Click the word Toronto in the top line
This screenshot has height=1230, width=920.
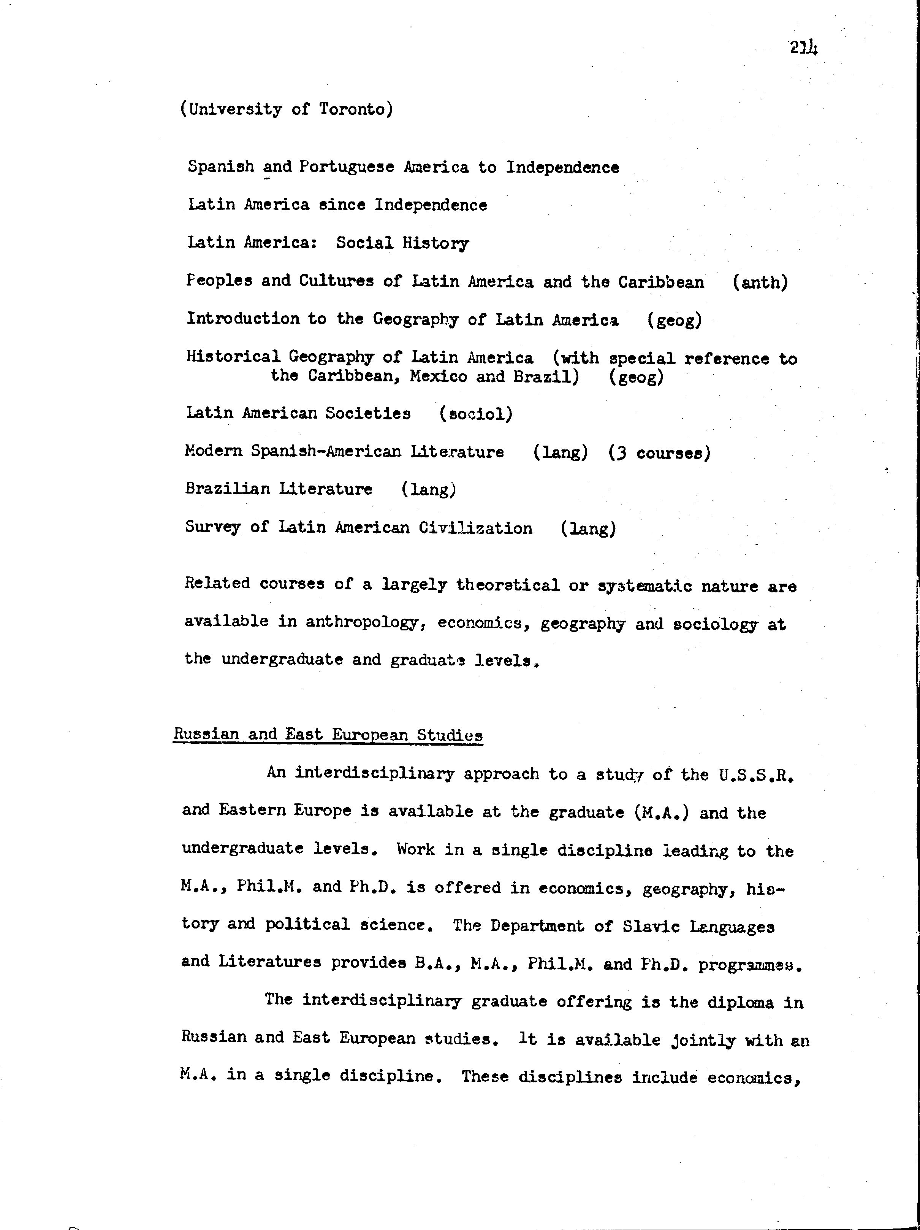point(355,109)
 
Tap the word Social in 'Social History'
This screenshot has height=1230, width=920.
point(364,243)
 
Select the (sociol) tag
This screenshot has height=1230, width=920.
point(476,414)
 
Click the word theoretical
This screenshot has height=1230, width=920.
point(508,585)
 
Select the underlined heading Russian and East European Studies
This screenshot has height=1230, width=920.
point(328,735)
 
